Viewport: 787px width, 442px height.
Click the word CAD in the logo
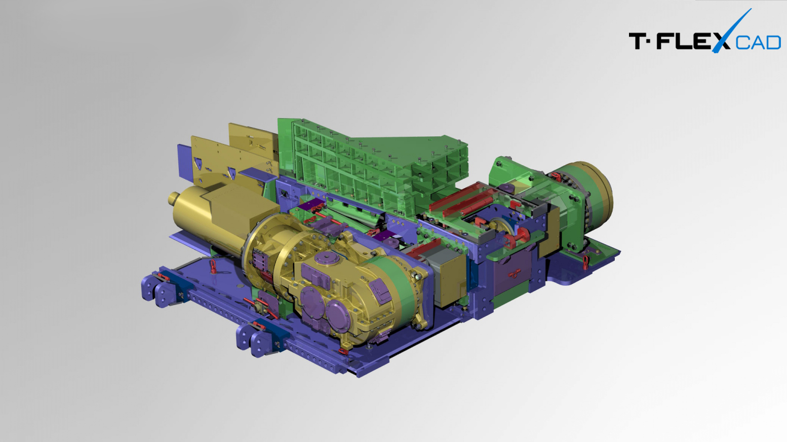click(x=758, y=43)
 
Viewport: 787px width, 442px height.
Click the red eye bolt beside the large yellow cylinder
click(x=213, y=266)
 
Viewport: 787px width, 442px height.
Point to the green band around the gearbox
click(x=397, y=285)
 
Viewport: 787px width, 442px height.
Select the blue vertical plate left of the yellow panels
click(x=185, y=162)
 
